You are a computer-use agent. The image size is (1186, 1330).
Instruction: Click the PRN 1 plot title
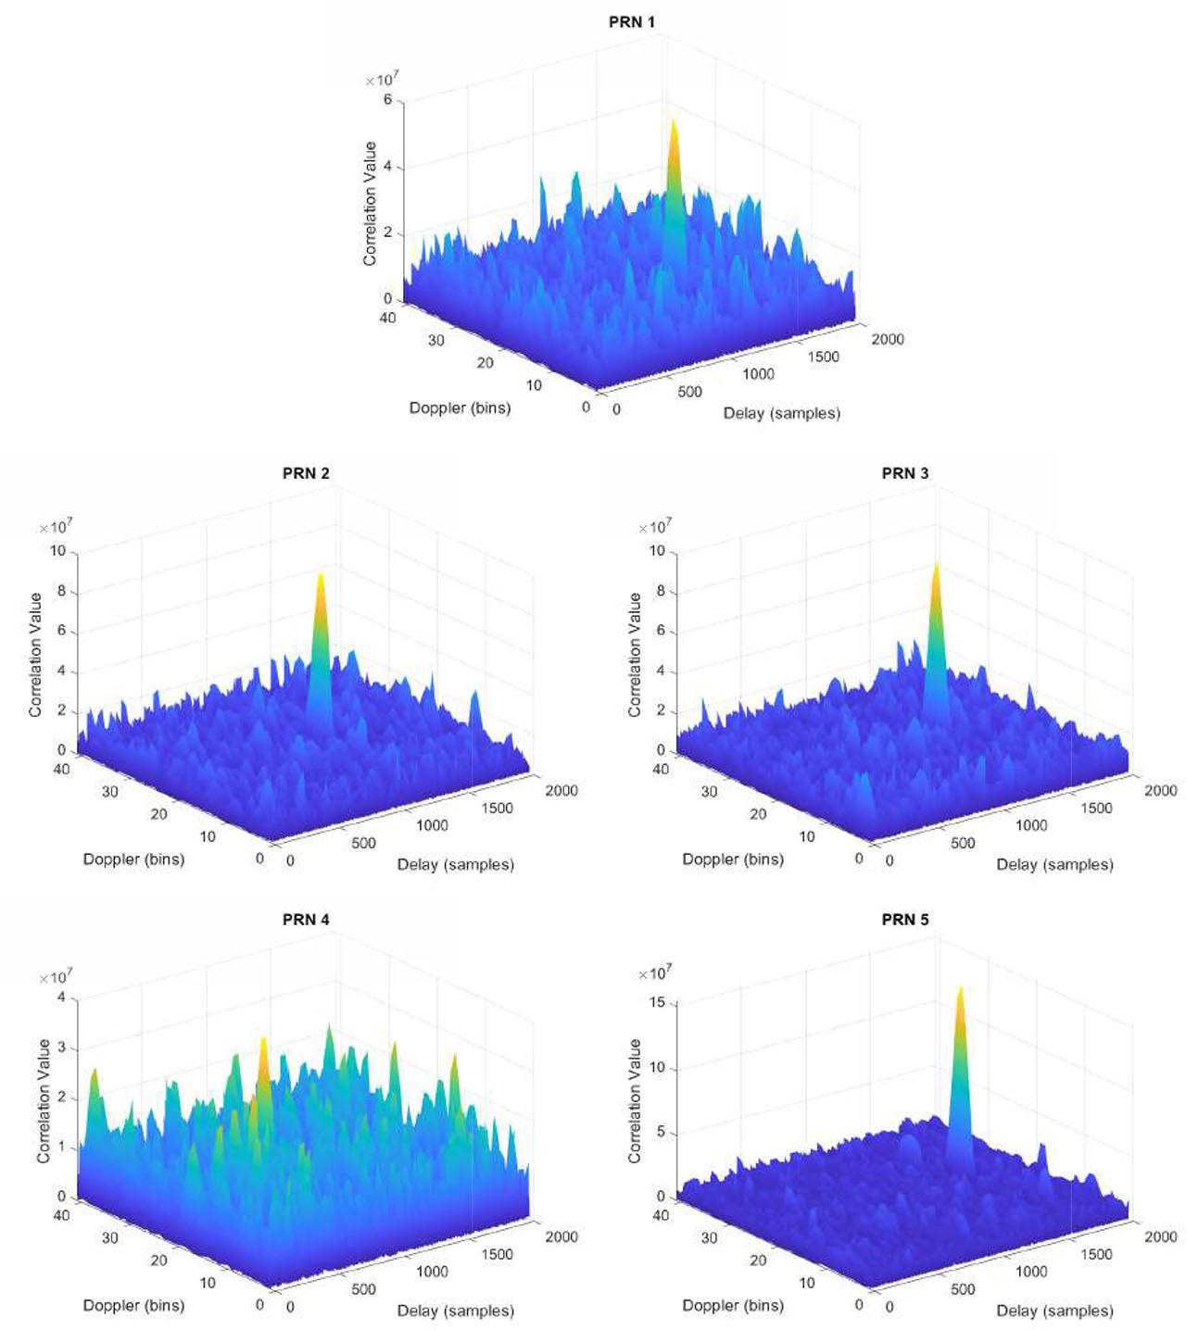pos(631,22)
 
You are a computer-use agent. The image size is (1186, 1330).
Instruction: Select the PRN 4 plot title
pos(306,920)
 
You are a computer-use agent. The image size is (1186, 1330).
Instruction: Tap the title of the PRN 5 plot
pos(904,920)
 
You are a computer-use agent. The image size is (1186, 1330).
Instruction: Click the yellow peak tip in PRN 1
pos(674,122)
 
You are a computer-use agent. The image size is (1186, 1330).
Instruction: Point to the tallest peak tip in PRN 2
pos(320,576)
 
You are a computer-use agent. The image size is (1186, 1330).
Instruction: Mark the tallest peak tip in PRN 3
pos(936,564)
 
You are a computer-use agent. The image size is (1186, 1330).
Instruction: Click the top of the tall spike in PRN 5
pos(960,988)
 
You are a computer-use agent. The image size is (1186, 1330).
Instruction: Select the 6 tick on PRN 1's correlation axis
pos(387,100)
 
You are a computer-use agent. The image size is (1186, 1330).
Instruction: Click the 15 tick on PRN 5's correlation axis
pos(658,1003)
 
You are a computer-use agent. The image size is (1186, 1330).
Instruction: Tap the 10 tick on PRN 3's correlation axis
pos(657,551)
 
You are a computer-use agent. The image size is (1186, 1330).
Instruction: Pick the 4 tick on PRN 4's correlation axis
pos(61,997)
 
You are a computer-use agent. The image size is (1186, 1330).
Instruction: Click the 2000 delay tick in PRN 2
pos(561,791)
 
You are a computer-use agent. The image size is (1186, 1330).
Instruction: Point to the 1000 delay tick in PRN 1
pos(758,374)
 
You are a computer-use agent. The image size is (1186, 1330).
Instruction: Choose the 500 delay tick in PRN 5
pos(963,1289)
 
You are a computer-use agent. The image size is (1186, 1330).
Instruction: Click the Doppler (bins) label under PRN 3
pos(733,859)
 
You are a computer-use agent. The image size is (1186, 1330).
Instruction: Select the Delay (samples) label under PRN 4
pos(455,1311)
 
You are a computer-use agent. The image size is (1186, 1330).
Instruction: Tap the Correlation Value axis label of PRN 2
pos(35,655)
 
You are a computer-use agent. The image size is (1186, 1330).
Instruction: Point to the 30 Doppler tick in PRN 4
pos(109,1238)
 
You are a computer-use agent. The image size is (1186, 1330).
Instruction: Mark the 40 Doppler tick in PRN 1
pos(387,318)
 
